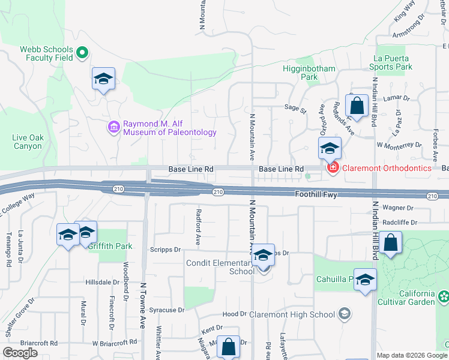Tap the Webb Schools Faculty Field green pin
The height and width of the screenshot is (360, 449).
(83, 53)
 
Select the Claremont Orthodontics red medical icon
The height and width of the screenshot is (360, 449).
(333, 169)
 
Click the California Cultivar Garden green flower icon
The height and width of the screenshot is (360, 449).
(443, 296)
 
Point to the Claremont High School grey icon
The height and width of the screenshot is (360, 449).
(345, 314)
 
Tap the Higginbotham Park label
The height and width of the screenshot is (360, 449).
(309, 73)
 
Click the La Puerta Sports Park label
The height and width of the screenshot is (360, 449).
(393, 62)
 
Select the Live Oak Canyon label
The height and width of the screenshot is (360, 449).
(28, 142)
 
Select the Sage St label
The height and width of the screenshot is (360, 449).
(295, 110)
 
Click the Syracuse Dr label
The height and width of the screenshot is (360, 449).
(167, 310)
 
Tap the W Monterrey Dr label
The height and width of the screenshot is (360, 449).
(399, 145)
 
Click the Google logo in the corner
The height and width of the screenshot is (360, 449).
(20, 353)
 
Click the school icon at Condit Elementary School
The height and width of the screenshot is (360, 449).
(262, 256)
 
